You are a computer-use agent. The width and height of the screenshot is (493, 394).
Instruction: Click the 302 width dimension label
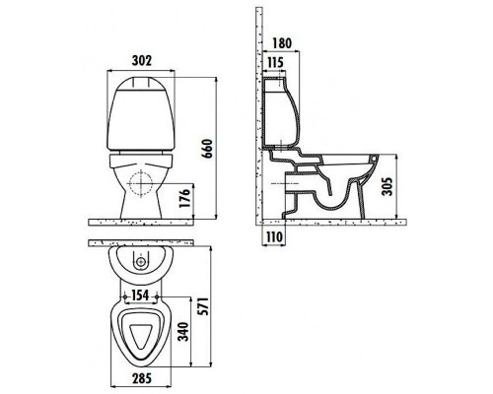tap(141, 61)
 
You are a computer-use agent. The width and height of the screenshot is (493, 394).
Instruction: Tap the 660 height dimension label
tap(208, 149)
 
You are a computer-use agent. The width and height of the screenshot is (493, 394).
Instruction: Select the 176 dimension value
tap(185, 198)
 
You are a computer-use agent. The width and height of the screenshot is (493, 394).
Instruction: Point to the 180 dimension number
tap(282, 43)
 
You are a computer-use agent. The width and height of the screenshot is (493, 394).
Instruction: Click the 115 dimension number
tap(275, 62)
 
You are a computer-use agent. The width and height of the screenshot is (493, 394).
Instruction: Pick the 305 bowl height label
tap(387, 186)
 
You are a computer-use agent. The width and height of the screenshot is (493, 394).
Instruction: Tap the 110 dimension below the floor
tap(274, 236)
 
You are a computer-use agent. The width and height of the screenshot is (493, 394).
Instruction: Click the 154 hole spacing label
tap(140, 295)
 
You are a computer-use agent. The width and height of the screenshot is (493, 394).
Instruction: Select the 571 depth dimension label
tap(203, 306)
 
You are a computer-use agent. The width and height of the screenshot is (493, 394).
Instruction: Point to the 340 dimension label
tap(184, 332)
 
